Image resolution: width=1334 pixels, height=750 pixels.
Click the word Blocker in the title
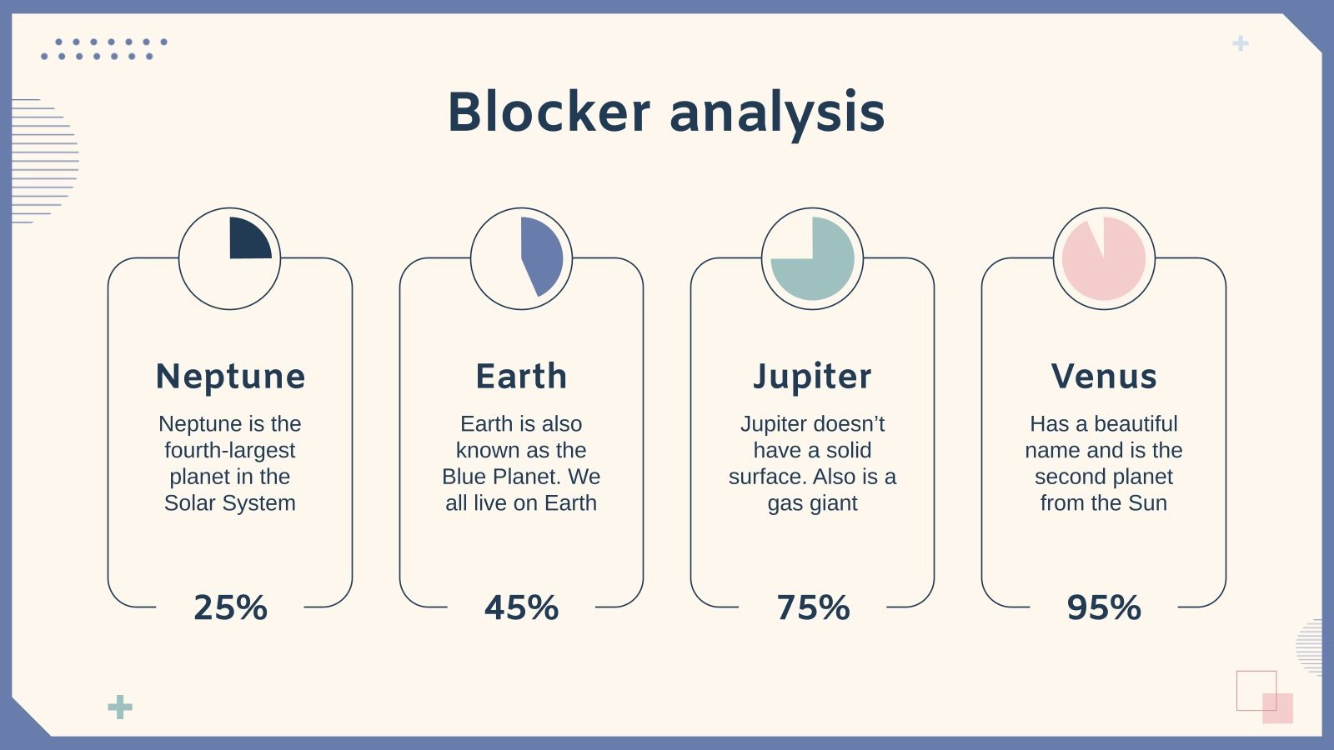click(549, 112)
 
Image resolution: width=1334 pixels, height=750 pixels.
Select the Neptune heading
click(230, 376)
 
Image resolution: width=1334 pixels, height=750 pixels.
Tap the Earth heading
click(521, 376)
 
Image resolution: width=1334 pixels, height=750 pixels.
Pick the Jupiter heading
click(812, 377)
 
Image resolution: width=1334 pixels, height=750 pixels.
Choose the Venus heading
click(1103, 376)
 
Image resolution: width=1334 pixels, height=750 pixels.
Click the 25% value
click(230, 607)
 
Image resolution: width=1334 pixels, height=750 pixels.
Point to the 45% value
click(521, 607)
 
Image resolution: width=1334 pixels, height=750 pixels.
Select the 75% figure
click(812, 607)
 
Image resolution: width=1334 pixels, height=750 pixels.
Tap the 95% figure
click(1103, 607)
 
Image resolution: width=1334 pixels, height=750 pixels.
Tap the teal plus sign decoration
click(120, 707)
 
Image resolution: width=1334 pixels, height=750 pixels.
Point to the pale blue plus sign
click(1241, 43)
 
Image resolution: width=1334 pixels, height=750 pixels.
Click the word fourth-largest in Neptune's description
click(229, 450)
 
